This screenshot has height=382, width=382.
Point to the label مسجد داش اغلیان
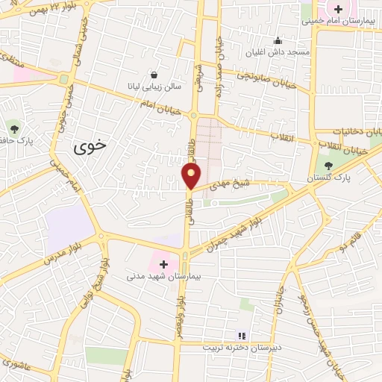[x=279, y=53]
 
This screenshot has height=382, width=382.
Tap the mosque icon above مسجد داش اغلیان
[x=278, y=40]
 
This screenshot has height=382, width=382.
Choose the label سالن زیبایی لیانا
[x=154, y=87]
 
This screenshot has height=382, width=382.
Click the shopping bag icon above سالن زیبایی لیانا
[x=154, y=75]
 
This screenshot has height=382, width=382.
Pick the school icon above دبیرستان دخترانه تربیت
[x=241, y=335]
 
